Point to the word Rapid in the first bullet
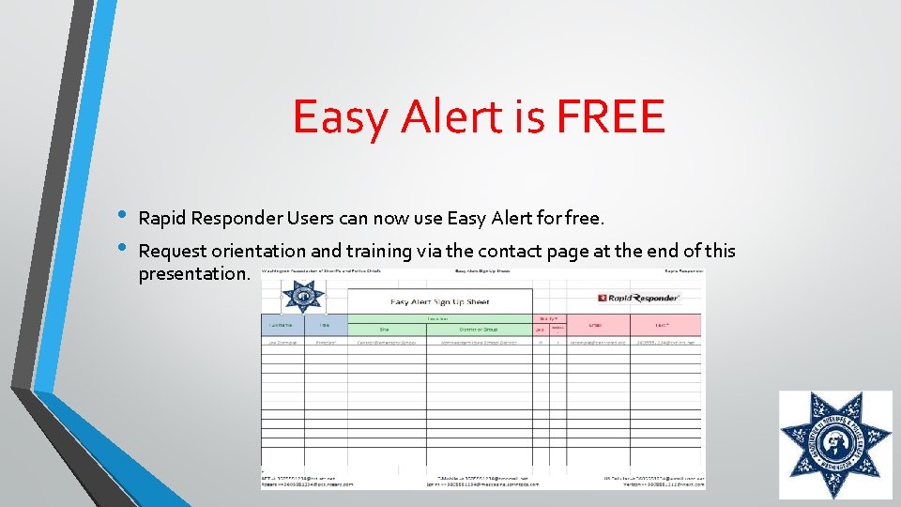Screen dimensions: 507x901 [161, 219]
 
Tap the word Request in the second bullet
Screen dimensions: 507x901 [172, 252]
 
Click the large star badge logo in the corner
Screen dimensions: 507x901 [835, 445]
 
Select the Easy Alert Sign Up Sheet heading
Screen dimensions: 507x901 [439, 301]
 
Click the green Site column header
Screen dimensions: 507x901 [383, 329]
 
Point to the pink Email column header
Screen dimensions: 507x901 [596, 325]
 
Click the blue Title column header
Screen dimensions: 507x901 [324, 325]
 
